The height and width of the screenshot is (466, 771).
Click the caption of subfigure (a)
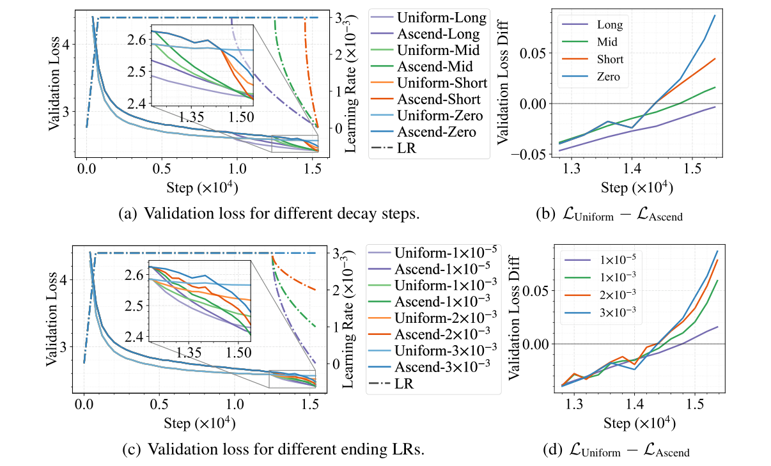(x=269, y=214)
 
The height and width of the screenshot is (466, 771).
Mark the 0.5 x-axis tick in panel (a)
(x=162, y=166)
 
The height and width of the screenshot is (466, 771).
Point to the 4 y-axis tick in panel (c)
(x=63, y=279)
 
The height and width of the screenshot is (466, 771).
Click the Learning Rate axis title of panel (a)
(x=350, y=83)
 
